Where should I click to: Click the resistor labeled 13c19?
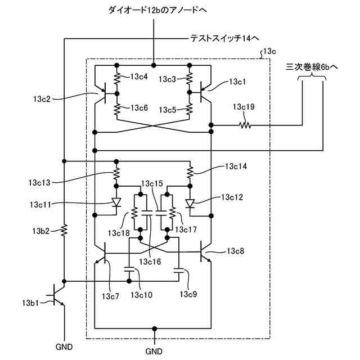[245, 125]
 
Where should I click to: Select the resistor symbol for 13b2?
[64, 230]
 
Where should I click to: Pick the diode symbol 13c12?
[190, 204]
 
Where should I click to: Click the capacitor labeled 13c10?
[129, 269]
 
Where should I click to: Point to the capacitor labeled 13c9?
[179, 270]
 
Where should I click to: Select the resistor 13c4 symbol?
[117, 78]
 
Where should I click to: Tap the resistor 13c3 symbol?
[190, 78]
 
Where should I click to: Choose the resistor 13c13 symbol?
[116, 174]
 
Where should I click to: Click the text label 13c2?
[42, 99]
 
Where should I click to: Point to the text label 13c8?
[235, 251]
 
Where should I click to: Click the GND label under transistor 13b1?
[64, 347]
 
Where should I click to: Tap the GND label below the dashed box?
[154, 352]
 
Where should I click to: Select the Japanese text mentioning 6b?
[312, 67]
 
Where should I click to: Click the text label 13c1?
[237, 82]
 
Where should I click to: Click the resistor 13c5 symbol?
[190, 109]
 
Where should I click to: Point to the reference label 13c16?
[150, 262]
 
